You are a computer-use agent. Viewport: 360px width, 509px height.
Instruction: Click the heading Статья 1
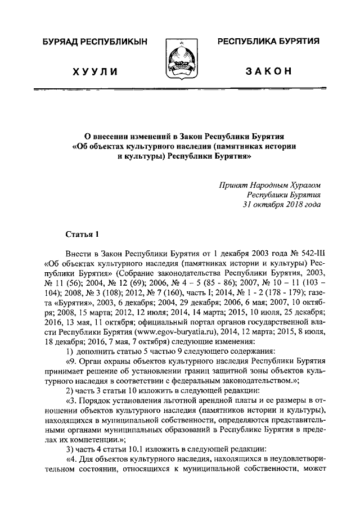tap(82, 233)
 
